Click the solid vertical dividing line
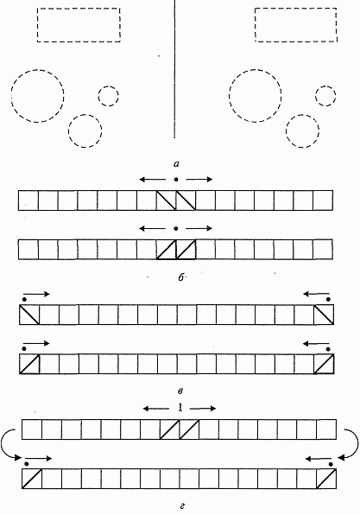(174, 69)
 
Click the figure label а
(178, 162)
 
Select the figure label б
(180, 277)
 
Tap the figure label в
(180, 391)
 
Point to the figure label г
(182, 506)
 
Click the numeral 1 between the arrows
(180, 408)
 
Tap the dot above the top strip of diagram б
(176, 180)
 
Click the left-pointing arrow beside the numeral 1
(156, 409)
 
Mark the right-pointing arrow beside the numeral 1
(203, 409)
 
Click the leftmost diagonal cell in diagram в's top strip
(29, 315)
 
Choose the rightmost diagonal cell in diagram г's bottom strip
(326, 479)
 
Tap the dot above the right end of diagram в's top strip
(329, 299)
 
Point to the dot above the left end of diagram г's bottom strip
(27, 464)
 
